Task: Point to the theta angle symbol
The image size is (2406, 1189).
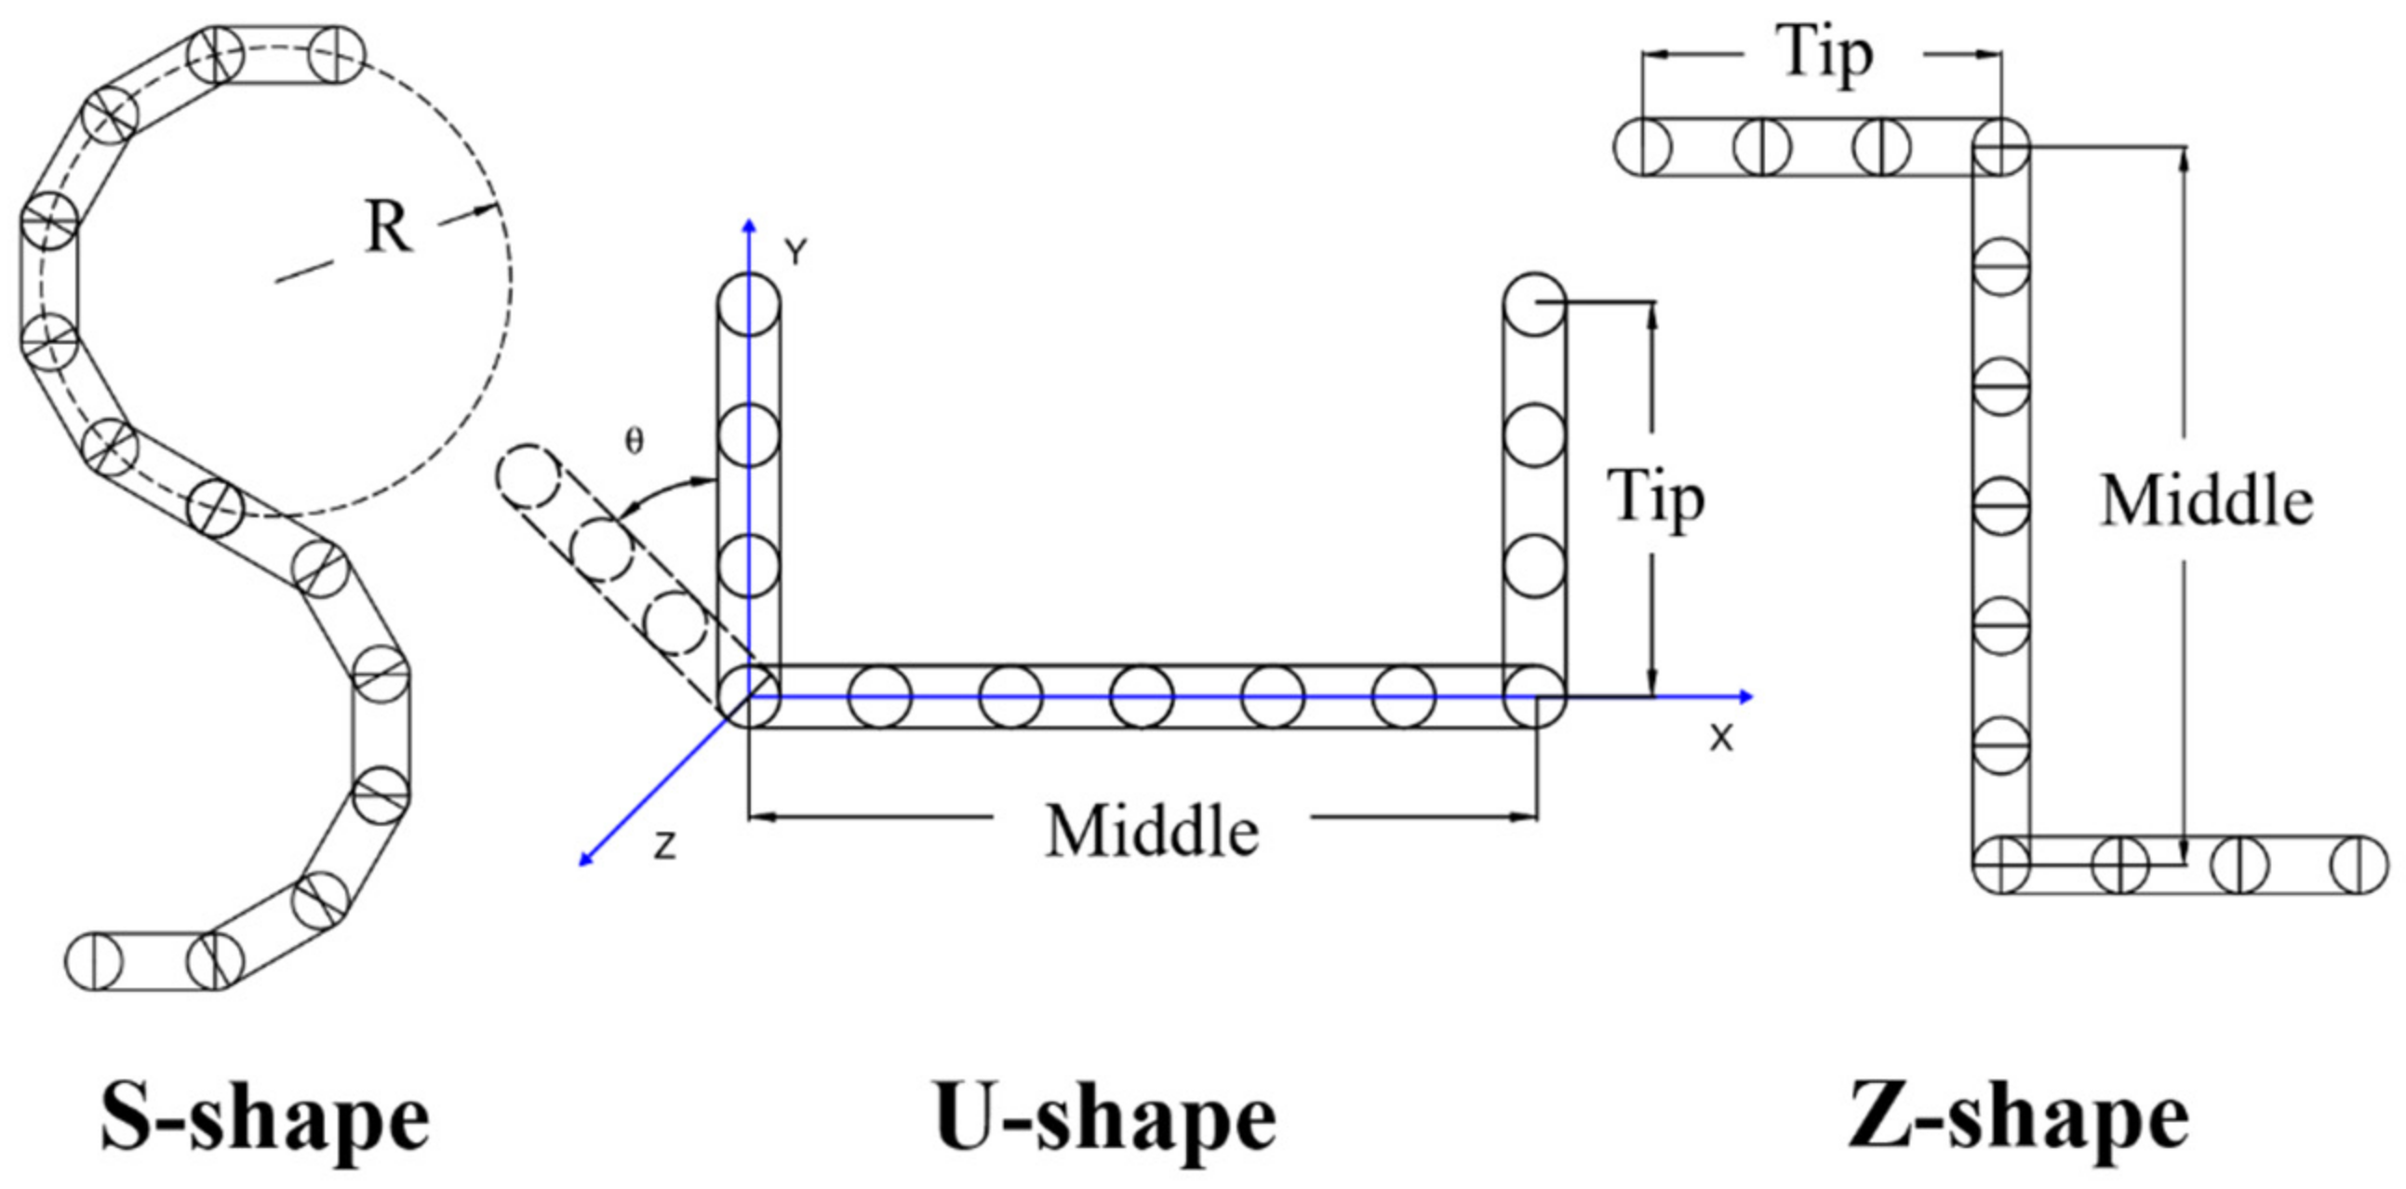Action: pos(635,442)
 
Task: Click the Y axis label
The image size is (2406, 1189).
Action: pos(795,253)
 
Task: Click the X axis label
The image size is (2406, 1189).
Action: pos(1721,739)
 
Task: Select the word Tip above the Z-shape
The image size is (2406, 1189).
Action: pos(1827,54)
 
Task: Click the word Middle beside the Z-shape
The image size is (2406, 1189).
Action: pos(2206,501)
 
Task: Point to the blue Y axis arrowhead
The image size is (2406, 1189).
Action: pos(748,225)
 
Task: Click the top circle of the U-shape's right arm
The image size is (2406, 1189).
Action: pos(1534,303)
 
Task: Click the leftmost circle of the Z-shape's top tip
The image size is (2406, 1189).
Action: pos(1644,148)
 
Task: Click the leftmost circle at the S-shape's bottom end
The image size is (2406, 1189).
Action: pos(93,960)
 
